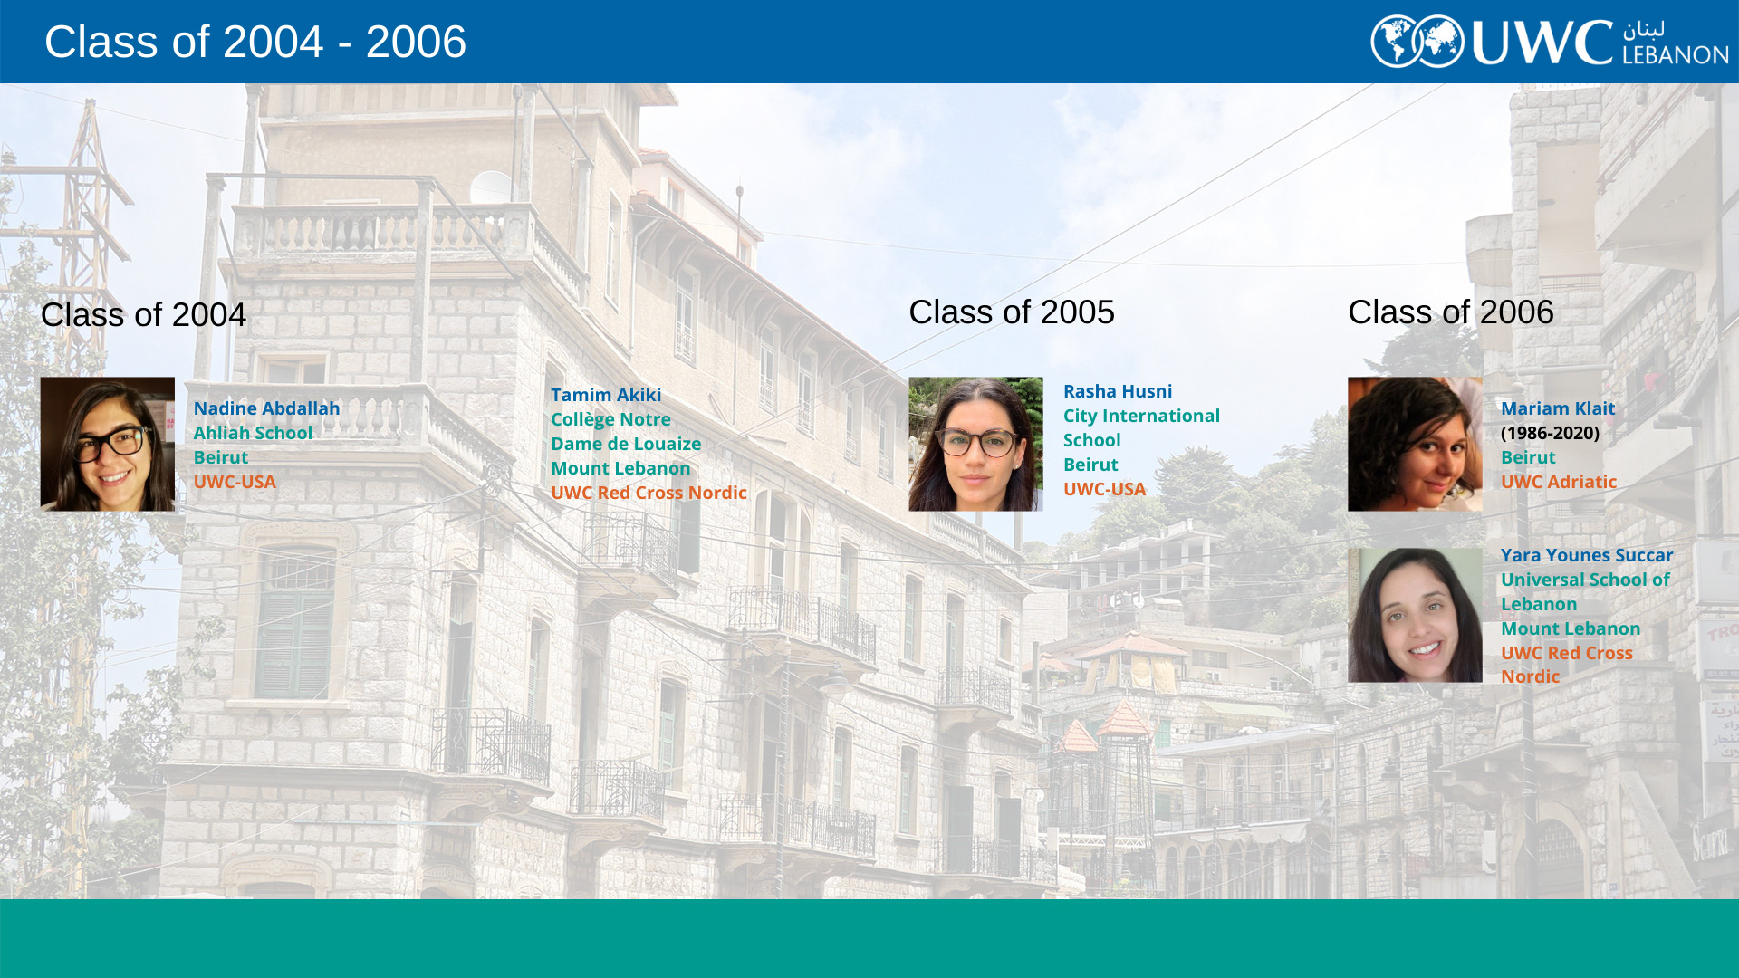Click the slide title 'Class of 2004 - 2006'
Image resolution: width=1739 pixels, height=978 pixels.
tap(255, 42)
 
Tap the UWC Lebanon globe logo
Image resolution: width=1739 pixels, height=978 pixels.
tap(1417, 42)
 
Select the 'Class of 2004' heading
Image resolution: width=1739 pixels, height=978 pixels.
tap(143, 315)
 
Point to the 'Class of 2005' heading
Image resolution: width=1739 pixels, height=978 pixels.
tap(1012, 312)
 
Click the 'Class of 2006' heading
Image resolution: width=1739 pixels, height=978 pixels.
tap(1451, 312)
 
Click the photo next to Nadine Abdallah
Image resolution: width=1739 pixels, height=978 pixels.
tap(108, 444)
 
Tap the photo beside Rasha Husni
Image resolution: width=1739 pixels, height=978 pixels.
tap(976, 444)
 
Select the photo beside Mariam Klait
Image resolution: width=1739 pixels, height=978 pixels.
tap(1415, 444)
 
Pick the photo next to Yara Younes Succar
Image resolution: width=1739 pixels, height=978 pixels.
tap(1415, 615)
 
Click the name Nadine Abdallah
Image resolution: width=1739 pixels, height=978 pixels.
tap(267, 408)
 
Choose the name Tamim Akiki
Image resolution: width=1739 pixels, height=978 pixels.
tap(606, 395)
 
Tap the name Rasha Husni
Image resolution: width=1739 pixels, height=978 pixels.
tap(1118, 391)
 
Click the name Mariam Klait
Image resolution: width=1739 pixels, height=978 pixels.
tap(1558, 408)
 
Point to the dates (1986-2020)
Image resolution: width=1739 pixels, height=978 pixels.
tap(1551, 433)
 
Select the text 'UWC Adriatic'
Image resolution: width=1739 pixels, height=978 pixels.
tap(1559, 482)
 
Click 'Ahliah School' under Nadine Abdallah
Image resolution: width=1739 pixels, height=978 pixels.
tap(253, 433)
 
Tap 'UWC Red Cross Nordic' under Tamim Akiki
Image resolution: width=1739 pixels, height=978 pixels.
tap(649, 493)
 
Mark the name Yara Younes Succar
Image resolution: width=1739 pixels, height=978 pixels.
tap(1587, 555)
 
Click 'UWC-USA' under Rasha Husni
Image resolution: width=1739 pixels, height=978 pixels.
tap(1105, 489)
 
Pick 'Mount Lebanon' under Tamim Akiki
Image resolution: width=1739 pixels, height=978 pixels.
tap(620, 468)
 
